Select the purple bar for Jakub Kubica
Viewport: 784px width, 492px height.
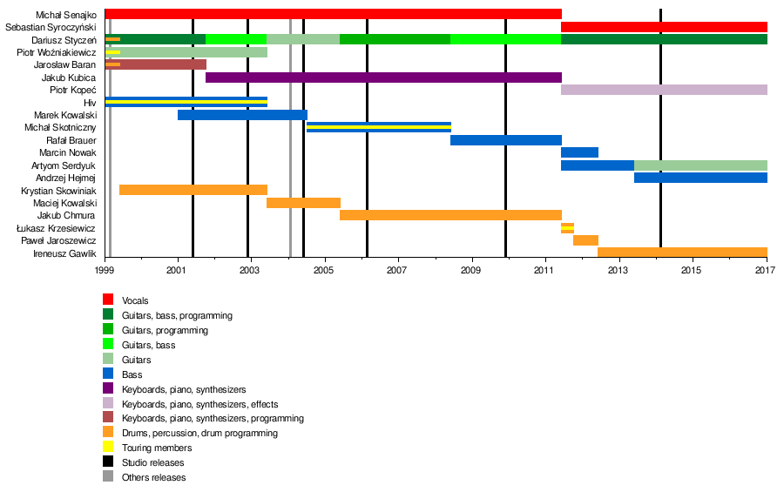pyautogui.click(x=383, y=78)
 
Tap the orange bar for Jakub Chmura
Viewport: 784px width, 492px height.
pyautogui.click(x=450, y=215)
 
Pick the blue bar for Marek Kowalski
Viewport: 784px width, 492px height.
pyautogui.click(x=242, y=115)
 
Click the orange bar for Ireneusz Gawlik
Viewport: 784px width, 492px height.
pyautogui.click(x=682, y=253)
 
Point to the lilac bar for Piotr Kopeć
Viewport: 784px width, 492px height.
pyautogui.click(x=664, y=90)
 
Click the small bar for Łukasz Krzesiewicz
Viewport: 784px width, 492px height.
pyautogui.click(x=567, y=228)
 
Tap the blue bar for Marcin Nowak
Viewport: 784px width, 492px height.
pyautogui.click(x=579, y=152)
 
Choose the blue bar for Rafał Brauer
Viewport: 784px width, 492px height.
pyautogui.click(x=505, y=140)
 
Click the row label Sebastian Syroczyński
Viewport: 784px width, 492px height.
pyautogui.click(x=51, y=27)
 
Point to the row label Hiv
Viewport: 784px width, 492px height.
pyautogui.click(x=90, y=103)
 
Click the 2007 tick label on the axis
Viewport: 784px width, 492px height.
pyautogui.click(x=398, y=271)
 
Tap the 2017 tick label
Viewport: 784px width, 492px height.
pyautogui.click(x=766, y=271)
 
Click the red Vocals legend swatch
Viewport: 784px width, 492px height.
pyautogui.click(x=108, y=300)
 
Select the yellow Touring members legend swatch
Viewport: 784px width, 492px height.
pyautogui.click(x=108, y=448)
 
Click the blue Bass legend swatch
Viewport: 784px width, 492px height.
pyautogui.click(x=108, y=374)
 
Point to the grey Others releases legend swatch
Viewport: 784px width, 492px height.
pyautogui.click(x=108, y=477)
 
